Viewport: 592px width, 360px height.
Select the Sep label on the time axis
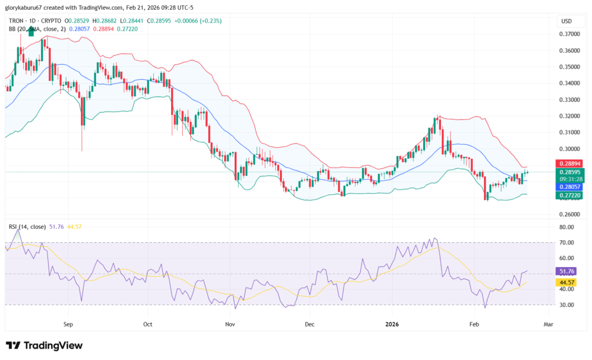(x=68, y=325)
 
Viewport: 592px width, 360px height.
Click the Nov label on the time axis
(x=230, y=325)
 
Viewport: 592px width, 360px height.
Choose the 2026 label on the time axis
(x=391, y=325)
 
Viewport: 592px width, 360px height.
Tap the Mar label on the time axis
(x=548, y=325)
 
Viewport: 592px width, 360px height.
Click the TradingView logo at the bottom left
(x=44, y=346)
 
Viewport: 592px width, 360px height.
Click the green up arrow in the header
(x=31, y=30)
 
